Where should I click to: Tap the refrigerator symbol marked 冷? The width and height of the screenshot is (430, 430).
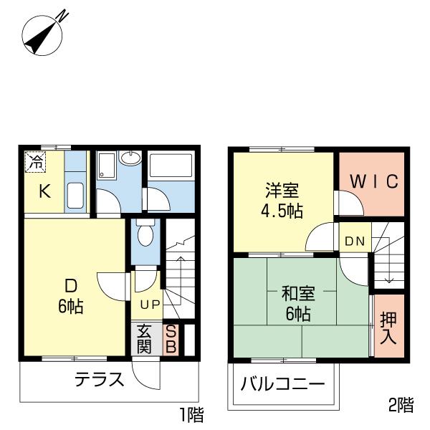[35, 162]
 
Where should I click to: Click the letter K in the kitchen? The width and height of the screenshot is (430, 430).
[44, 191]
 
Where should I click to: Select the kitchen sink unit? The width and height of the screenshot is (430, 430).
[75, 193]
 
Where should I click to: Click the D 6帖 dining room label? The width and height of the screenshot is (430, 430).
[70, 296]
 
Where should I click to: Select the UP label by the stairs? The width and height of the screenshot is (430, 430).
[150, 304]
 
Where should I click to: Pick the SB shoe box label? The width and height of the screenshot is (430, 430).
[171, 339]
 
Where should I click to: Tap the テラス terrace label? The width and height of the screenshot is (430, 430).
[100, 381]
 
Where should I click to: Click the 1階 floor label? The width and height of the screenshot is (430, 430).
[191, 414]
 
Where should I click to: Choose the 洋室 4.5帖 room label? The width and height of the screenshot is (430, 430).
[282, 201]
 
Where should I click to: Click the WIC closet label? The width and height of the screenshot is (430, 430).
[372, 181]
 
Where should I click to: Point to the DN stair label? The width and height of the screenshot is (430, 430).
[355, 242]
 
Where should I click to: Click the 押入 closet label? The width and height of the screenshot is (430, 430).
[388, 328]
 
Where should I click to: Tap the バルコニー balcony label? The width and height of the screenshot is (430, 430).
[282, 383]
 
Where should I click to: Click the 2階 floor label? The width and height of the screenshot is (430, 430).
[401, 406]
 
